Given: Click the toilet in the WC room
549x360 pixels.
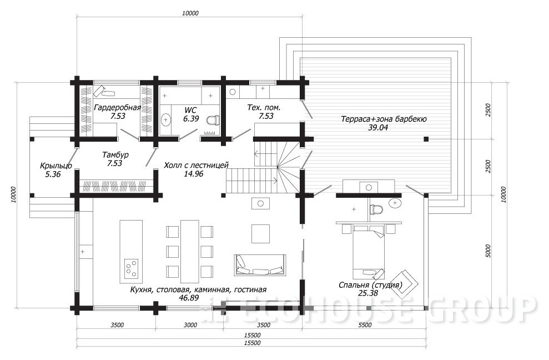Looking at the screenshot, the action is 213,121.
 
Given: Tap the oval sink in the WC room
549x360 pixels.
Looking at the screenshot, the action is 165,120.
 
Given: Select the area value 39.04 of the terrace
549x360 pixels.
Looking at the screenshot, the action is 378,128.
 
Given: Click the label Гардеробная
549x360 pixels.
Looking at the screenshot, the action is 117,107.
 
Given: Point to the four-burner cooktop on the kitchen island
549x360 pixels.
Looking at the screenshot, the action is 132,268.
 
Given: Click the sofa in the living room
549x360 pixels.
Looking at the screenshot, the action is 260,265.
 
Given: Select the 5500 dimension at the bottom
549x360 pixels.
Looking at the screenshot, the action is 365,325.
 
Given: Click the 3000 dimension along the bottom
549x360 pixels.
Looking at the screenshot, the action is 190,325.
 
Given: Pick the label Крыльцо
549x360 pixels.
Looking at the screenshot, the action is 56,166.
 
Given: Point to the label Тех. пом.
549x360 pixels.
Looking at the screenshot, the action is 264,107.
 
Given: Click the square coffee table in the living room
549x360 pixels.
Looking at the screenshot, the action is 260,234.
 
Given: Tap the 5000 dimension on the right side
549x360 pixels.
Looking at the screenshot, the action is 489,251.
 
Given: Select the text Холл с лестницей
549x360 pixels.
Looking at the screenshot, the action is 196,165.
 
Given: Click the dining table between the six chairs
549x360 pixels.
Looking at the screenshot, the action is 190,251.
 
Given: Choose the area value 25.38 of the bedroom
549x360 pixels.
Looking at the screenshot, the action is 368,293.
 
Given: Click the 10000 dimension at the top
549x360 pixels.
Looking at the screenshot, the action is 190,13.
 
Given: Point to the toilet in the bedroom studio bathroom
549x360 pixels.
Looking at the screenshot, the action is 376,209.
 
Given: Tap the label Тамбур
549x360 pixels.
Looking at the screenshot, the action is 115,154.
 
